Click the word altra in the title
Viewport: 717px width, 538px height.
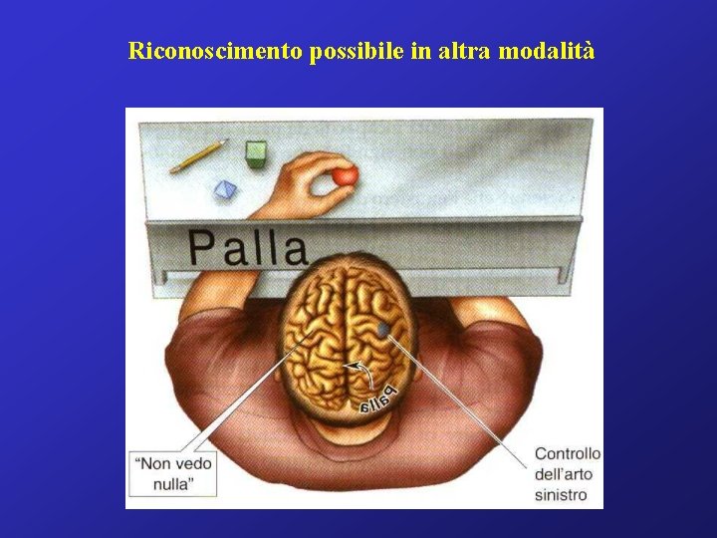pyautogui.click(x=458, y=51)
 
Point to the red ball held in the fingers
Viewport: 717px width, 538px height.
pyautogui.click(x=344, y=176)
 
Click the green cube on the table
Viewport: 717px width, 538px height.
pyautogui.click(x=257, y=152)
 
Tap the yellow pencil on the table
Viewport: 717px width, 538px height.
pyautogui.click(x=198, y=155)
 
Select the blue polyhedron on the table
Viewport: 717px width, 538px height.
pyautogui.click(x=226, y=189)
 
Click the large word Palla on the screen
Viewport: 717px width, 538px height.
pyautogui.click(x=247, y=247)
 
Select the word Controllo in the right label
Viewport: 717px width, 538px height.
pyautogui.click(x=568, y=453)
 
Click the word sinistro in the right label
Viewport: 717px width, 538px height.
pyautogui.click(x=561, y=494)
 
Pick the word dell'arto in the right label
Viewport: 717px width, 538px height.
pyautogui.click(x=565, y=474)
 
